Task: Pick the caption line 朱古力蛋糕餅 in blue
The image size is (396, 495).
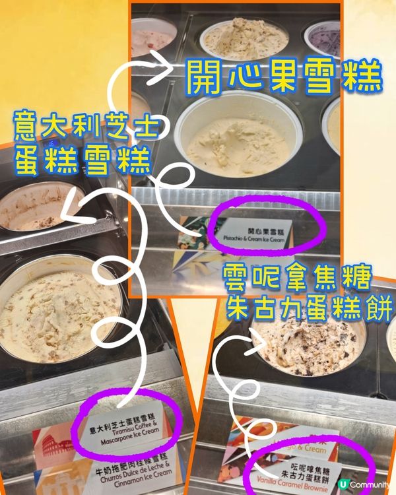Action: [x=308, y=307]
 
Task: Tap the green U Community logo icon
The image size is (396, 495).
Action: [x=343, y=484]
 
